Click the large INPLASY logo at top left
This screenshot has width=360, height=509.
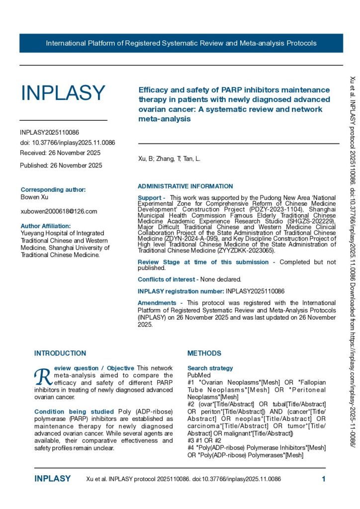[x=63, y=93]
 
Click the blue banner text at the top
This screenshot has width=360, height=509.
[x=181, y=43]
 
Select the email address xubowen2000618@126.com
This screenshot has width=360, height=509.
[x=59, y=211]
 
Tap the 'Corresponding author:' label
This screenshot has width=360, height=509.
[x=53, y=189]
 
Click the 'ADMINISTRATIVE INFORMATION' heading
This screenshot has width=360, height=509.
[x=185, y=186]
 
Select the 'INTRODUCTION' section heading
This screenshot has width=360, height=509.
[x=60, y=353]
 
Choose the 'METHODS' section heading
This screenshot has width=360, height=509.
[x=204, y=353]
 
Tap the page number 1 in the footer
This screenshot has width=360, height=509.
[x=324, y=479]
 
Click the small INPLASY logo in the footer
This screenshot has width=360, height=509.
[x=53, y=479]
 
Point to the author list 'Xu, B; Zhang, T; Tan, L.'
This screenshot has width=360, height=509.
[x=169, y=159]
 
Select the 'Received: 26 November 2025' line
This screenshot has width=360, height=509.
[x=60, y=153]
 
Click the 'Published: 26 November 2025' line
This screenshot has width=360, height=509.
[x=61, y=165]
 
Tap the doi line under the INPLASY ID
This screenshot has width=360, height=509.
[x=68, y=143]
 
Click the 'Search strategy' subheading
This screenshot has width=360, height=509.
[x=210, y=368]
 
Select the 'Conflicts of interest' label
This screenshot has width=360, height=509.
[x=166, y=279]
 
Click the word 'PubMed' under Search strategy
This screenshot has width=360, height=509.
[x=198, y=375]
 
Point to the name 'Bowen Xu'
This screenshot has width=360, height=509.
[x=34, y=197]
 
